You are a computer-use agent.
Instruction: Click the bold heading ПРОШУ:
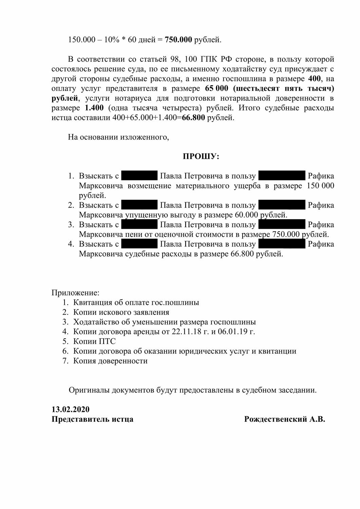coord(201,156)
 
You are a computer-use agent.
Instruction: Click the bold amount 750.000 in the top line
coord(178,40)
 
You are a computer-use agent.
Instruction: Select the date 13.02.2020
coord(71,409)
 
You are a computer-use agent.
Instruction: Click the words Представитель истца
coord(92,419)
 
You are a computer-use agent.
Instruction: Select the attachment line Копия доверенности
coord(110,361)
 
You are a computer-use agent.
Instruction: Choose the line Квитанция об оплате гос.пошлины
coord(136,302)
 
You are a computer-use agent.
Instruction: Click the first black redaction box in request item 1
coord(139,176)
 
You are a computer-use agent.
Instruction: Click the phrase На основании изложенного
coord(118,137)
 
